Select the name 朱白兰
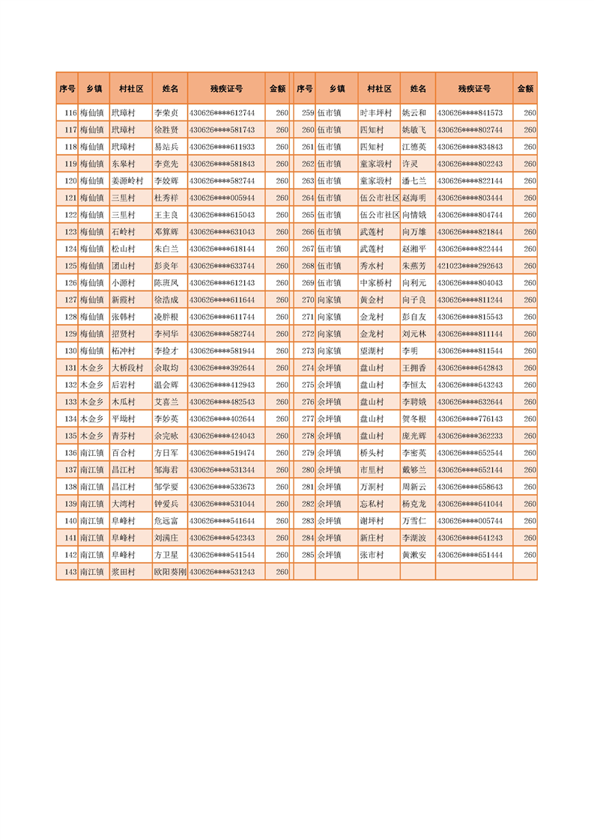coord(166,249)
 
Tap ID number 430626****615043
coord(222,215)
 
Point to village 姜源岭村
coord(127,181)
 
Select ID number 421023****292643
coord(470,266)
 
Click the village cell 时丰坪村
coord(375,113)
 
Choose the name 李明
coord(410,350)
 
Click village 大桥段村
coord(127,368)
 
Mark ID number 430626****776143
coord(470,419)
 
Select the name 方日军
coord(166,453)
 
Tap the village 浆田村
coord(124,572)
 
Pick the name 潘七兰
coord(414,181)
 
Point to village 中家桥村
coord(375,283)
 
